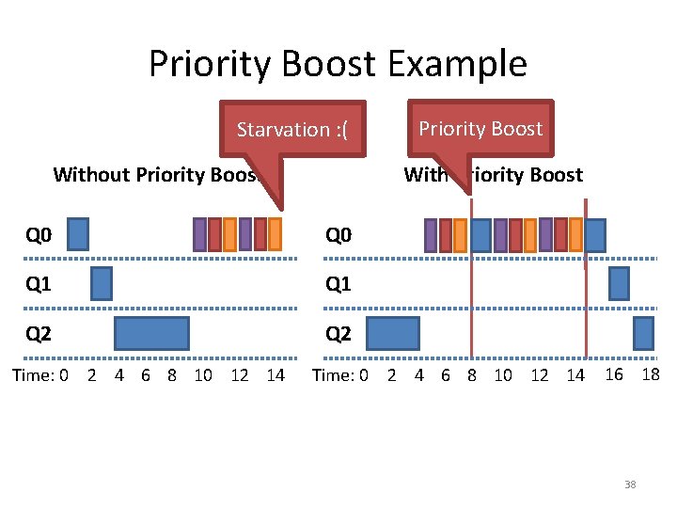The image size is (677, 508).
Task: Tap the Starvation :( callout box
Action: click(x=291, y=129)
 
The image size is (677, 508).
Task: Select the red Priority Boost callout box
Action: click(x=480, y=128)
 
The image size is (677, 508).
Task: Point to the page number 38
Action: click(x=630, y=484)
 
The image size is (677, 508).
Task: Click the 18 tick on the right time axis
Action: click(x=650, y=373)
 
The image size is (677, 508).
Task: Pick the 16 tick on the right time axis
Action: click(x=614, y=373)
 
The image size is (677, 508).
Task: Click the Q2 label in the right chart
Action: click(x=338, y=333)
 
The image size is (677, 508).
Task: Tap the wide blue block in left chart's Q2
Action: click(x=151, y=333)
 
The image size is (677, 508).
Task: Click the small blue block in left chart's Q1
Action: click(x=102, y=283)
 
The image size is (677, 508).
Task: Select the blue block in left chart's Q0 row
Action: click(x=78, y=234)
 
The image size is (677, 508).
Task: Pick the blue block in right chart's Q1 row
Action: click(x=619, y=283)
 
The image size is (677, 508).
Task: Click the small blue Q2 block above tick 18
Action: click(x=643, y=333)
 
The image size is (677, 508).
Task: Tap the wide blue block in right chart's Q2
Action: click(x=392, y=333)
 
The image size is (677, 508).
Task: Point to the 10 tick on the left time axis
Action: click(x=203, y=375)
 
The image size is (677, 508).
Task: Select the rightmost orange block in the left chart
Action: click(x=275, y=234)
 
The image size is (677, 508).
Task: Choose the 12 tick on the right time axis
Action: click(x=540, y=375)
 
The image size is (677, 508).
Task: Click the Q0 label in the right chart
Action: click(x=338, y=234)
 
